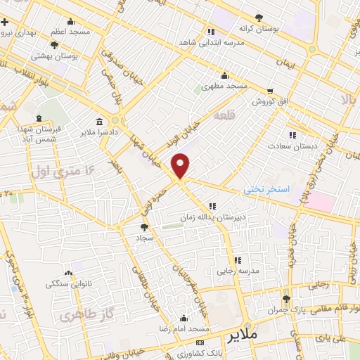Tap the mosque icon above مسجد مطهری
point(224,76)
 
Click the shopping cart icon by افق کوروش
point(270,91)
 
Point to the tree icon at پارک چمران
point(285,300)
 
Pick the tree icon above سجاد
point(145,227)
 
